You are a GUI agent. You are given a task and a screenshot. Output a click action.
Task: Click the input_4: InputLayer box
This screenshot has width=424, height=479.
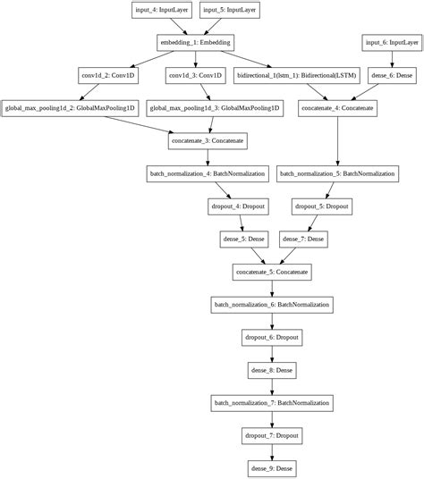pos(159,10)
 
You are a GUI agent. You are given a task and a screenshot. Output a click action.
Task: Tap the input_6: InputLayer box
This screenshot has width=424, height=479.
pos(390,42)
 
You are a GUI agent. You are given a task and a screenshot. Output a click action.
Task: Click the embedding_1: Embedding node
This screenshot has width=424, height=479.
pos(193,42)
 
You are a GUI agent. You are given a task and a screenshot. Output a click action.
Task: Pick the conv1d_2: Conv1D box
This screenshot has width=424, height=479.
pos(106,75)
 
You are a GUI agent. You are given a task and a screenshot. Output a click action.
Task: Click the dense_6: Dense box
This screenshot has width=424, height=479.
pos(390,75)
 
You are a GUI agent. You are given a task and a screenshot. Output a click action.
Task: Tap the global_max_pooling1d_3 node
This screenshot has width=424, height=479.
pos(214,107)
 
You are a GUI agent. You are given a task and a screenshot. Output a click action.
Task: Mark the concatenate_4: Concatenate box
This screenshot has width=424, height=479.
pos(337,107)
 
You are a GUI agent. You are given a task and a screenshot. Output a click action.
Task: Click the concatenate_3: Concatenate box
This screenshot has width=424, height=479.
pos(208,140)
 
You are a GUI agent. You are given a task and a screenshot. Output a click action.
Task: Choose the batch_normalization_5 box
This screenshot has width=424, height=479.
pos(337,172)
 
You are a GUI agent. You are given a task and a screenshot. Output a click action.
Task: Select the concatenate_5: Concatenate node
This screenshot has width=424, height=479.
pos(271,270)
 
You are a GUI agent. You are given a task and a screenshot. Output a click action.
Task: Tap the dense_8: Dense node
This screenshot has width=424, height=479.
pos(271,368)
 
